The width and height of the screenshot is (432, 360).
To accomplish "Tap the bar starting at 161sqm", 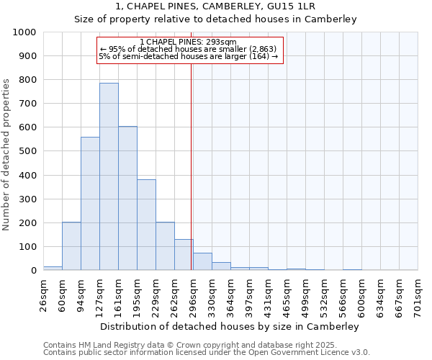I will coord(127,198).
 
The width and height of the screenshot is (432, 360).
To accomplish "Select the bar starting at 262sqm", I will coord(184,255).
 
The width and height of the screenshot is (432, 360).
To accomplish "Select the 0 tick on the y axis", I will coord(33,271).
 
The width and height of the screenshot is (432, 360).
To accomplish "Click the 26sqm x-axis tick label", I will coord(44,294).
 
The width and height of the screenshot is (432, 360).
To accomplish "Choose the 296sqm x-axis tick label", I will coord(193,294).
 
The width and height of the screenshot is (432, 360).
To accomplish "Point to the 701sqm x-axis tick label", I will coord(418,294).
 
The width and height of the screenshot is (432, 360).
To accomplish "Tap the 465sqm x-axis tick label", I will coord(287,294).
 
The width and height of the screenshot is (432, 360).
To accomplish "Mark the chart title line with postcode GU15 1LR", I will coord(215,6).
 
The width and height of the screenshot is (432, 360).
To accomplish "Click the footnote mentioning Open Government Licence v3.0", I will coord(207,353).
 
